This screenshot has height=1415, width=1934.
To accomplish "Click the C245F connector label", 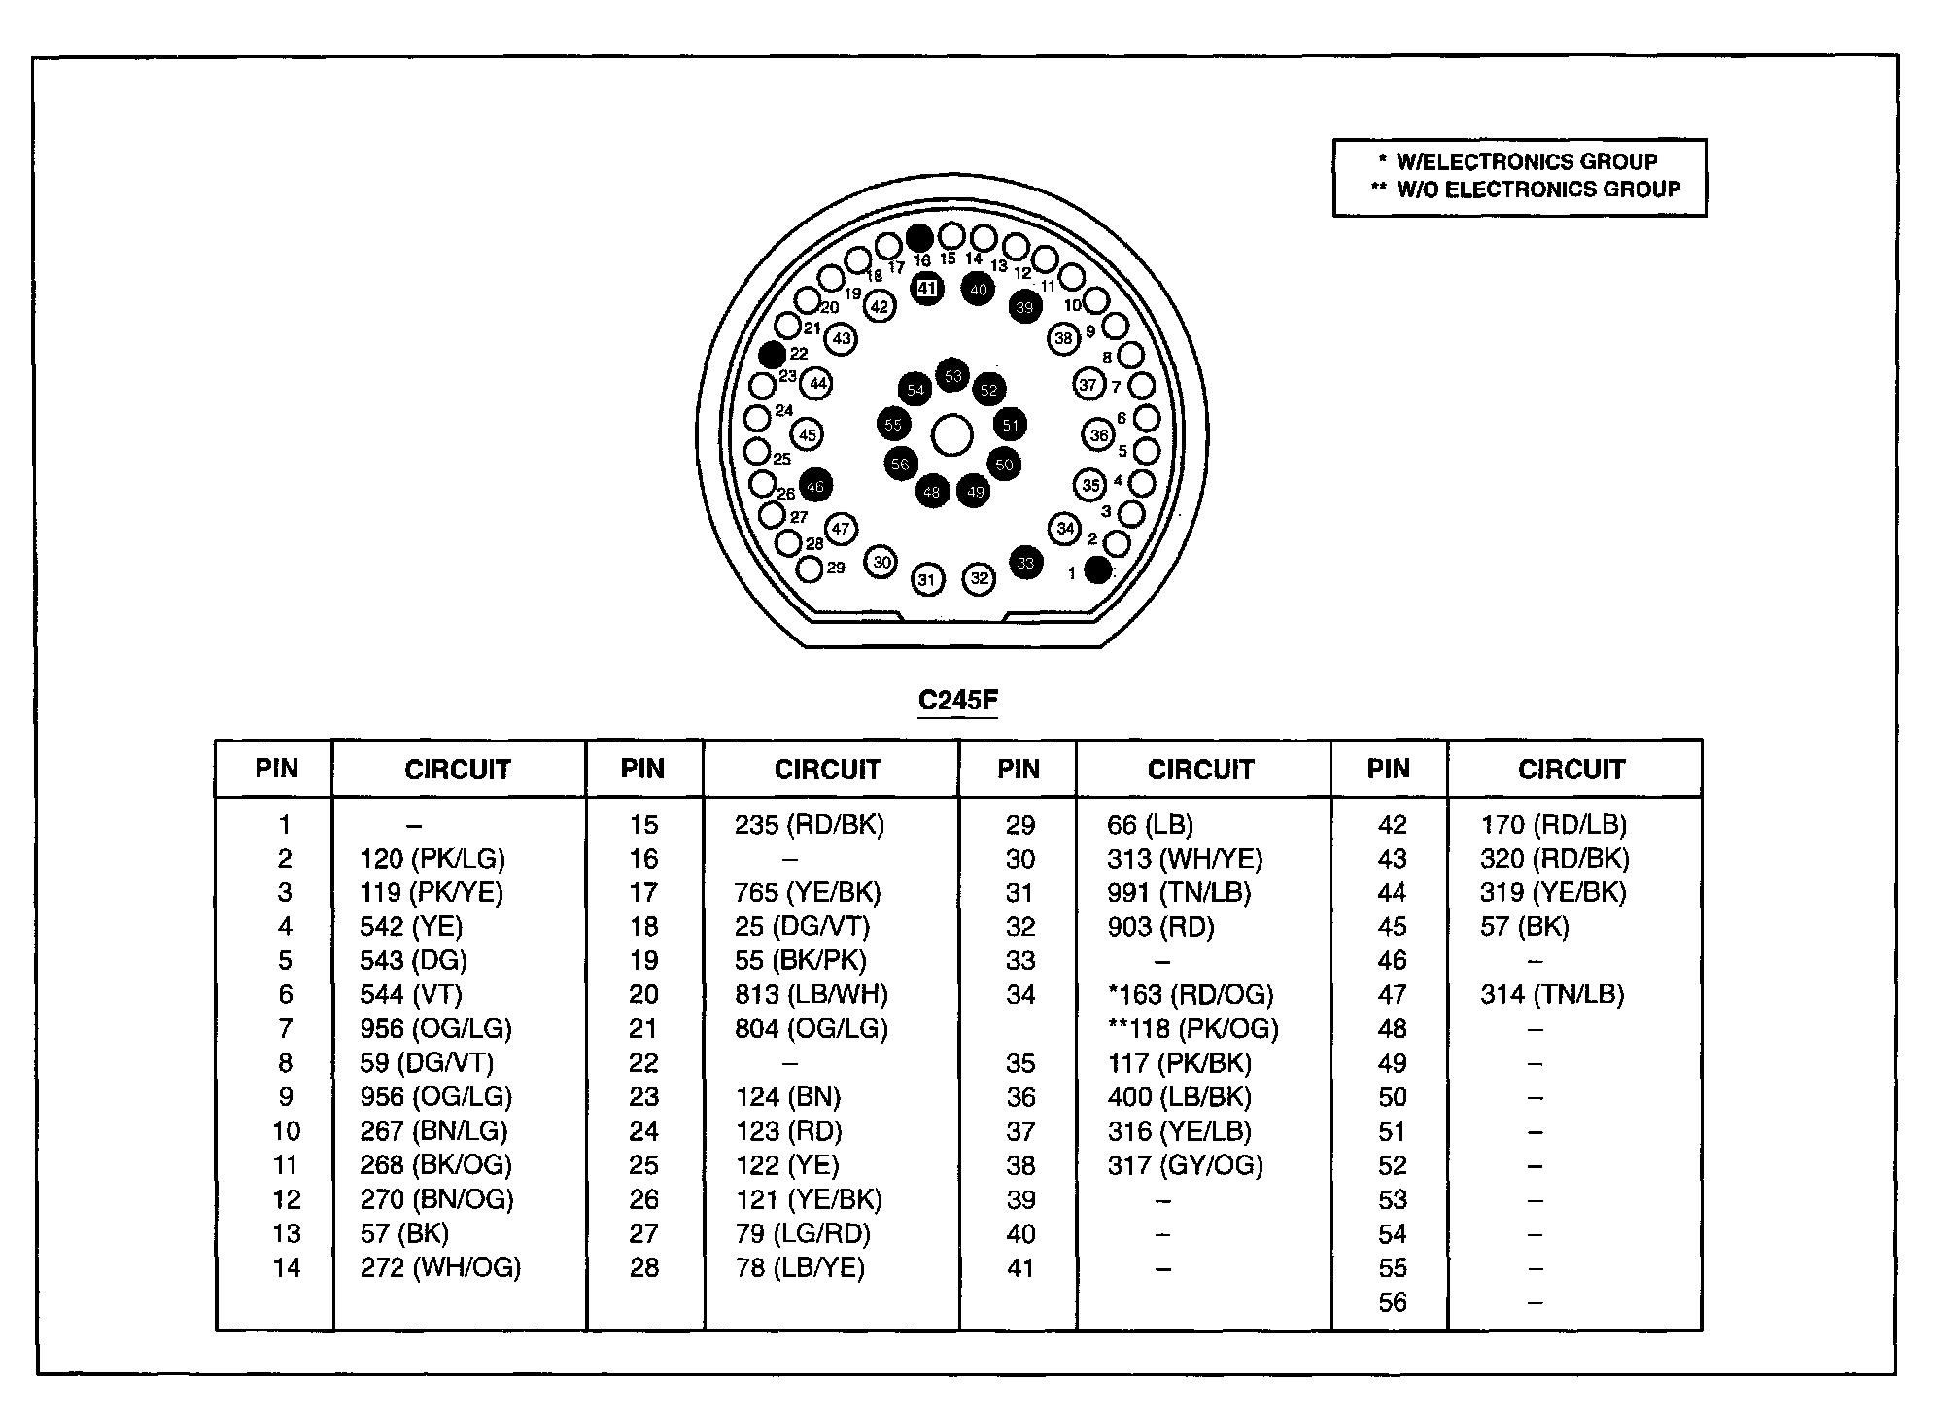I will [x=958, y=701].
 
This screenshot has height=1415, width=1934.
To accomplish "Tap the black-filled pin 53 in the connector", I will [x=952, y=376].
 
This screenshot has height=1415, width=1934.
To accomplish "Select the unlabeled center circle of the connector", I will [x=952, y=436].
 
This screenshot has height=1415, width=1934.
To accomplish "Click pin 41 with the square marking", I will [x=927, y=289].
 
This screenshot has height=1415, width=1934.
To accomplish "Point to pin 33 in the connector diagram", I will [x=1026, y=563].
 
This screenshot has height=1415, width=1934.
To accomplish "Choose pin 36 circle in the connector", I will [x=1099, y=435].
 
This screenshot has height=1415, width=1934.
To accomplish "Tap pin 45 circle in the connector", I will [x=807, y=435].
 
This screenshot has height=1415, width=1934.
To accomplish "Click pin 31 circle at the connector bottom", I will [x=928, y=580].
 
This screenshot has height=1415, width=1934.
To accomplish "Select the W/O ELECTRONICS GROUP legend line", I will [x=1526, y=190].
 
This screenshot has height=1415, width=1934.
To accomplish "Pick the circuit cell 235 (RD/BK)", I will [x=810, y=825].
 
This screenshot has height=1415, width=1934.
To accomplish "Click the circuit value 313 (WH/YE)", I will [x=1185, y=859].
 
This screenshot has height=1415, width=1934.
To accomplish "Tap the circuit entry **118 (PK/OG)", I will [x=1192, y=1029].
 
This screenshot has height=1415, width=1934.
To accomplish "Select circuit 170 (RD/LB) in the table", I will [x=1553, y=825].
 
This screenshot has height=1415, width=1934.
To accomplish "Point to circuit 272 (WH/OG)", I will [x=440, y=1268].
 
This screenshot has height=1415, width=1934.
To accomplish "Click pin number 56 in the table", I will [x=1393, y=1302].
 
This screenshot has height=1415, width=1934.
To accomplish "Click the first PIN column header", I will [x=276, y=769].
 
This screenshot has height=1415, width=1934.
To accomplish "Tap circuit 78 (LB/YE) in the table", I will [x=800, y=1268].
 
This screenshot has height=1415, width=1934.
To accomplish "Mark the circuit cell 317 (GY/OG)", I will [x=1185, y=1165].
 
